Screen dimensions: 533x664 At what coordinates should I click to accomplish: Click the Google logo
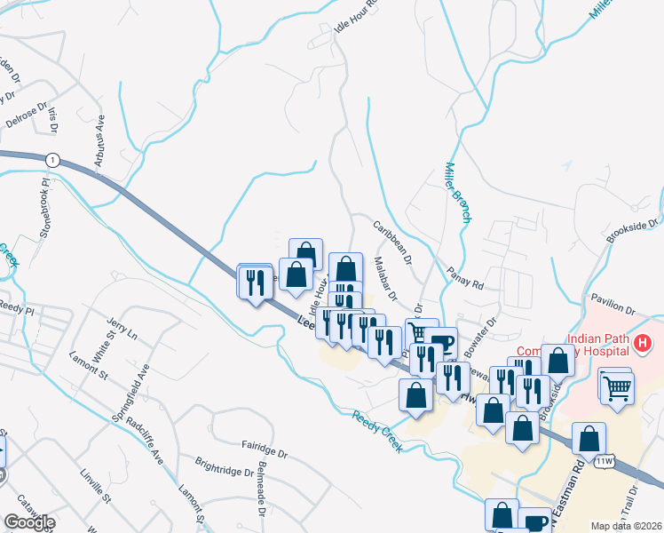click(x=29, y=522)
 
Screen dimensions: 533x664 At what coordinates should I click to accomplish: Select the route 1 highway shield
click(x=53, y=159)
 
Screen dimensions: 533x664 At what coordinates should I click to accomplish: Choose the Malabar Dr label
click(x=385, y=276)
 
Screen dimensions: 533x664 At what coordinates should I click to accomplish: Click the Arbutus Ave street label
click(x=100, y=140)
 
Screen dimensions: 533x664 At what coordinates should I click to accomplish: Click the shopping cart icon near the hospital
click(x=617, y=387)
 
